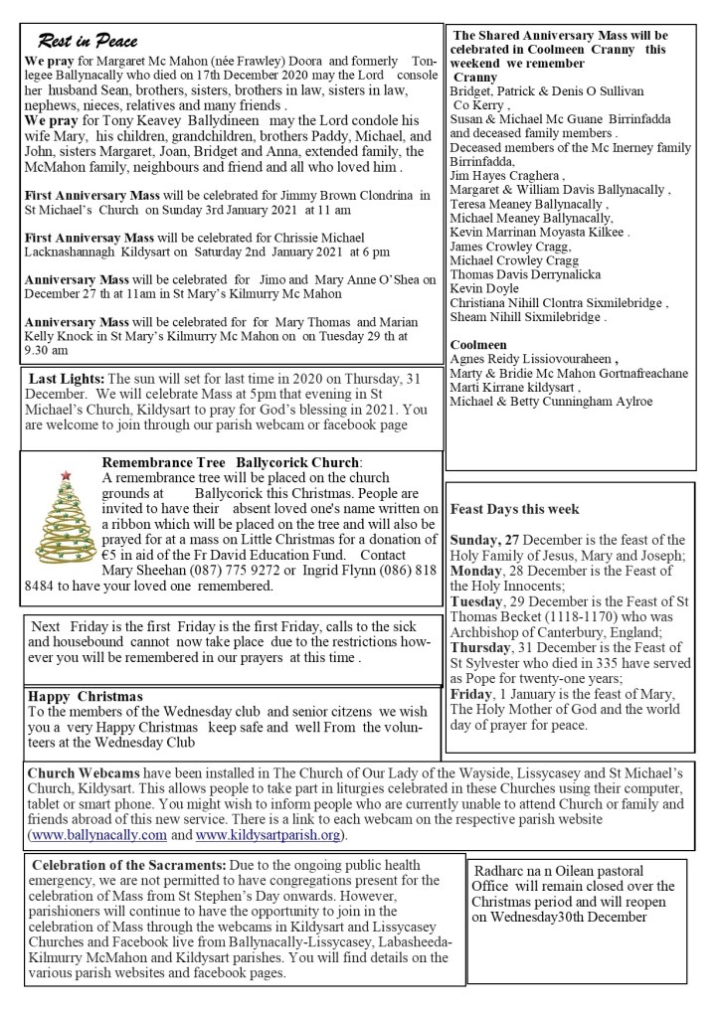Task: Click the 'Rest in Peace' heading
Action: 88,41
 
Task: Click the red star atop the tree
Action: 66,475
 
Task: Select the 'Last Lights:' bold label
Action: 66,379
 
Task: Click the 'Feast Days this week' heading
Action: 514,509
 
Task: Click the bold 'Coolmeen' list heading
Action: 480,344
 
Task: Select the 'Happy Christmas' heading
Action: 86,696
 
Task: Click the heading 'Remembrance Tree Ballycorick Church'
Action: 232,461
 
